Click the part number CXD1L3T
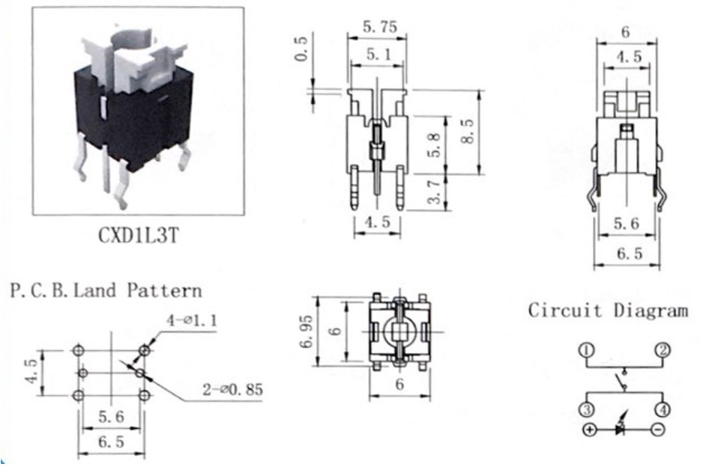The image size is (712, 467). [x=138, y=235]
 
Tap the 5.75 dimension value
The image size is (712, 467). [x=380, y=27]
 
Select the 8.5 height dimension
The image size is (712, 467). [x=467, y=132]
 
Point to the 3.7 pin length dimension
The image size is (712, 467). [x=435, y=192]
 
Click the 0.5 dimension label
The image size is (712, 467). [x=301, y=49]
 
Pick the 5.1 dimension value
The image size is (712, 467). [x=378, y=55]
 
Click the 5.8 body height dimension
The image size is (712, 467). [x=434, y=145]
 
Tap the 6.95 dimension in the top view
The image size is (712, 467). [x=307, y=332]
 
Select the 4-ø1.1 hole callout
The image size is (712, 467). [x=192, y=320]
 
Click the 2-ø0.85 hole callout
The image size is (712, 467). [x=232, y=389]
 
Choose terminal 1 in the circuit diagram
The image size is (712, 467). [x=587, y=350]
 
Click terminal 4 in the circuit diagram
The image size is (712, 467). [x=663, y=410]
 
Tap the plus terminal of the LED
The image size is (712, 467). [x=589, y=429]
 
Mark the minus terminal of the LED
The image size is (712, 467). [x=658, y=429]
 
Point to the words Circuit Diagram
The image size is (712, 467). [x=608, y=311]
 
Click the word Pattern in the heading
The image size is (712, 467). [x=164, y=290]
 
